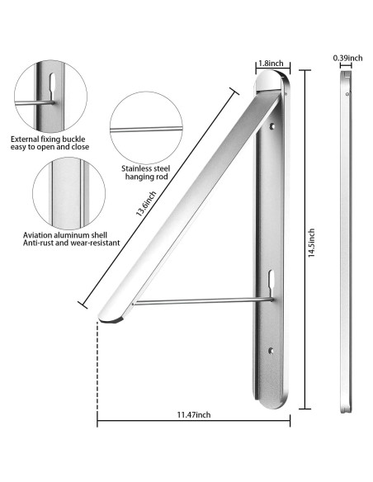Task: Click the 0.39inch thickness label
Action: click(x=347, y=58)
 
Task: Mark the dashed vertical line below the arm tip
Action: click(x=97, y=371)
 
